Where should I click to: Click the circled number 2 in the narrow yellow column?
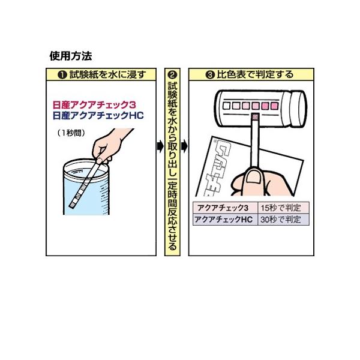pos(172,76)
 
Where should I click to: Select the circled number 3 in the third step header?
pos(210,76)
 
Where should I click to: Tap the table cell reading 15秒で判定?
pos(280,208)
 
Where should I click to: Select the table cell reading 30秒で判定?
pos(280,219)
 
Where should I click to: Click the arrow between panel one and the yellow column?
pos(160,146)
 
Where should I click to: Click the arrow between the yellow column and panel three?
pos(184,146)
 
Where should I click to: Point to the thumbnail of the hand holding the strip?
pos(255,176)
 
